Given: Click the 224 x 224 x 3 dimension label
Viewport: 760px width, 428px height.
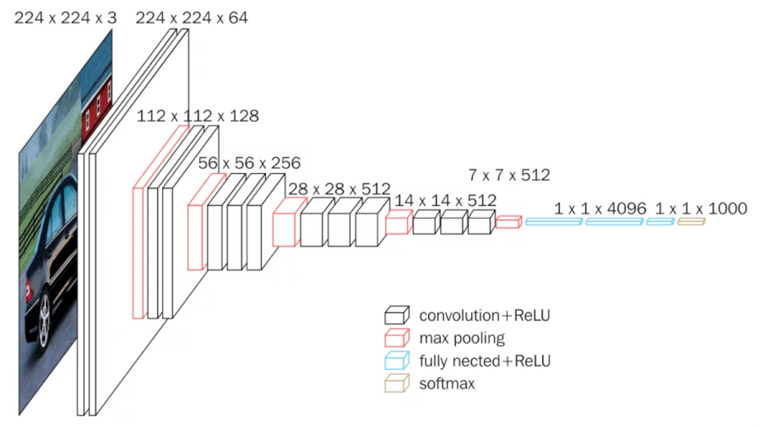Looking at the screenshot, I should [66, 18].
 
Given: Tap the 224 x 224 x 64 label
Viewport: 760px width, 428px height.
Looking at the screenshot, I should [191, 18].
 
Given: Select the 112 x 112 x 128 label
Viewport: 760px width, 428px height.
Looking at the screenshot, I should [198, 116].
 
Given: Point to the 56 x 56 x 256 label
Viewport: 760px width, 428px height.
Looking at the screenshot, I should [249, 163].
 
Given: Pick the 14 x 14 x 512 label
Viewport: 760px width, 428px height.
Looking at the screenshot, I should [446, 201].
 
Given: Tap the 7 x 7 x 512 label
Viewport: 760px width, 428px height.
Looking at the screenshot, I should [509, 175].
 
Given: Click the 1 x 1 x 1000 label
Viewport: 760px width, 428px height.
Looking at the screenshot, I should [701, 208].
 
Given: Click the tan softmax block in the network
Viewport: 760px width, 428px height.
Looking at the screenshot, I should [691, 221].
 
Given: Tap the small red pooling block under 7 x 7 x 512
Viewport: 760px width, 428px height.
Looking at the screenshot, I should [509, 222].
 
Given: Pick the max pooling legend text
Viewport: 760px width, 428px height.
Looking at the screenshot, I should [462, 339].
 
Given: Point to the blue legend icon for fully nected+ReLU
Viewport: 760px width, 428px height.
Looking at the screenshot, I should [396, 361].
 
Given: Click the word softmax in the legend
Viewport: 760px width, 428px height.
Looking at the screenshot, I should [447, 383].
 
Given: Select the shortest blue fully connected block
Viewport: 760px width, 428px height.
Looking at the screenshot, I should [659, 221].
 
